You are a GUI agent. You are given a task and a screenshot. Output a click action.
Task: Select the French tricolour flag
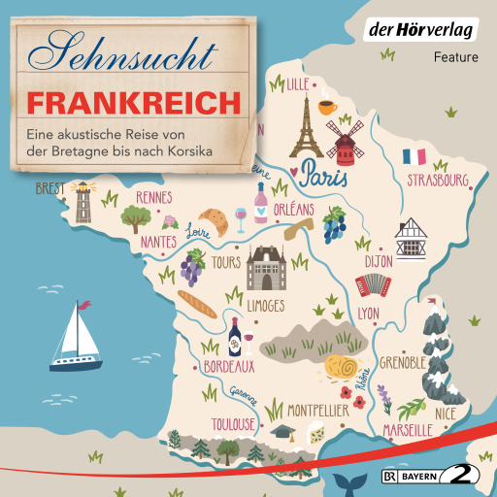(414, 156)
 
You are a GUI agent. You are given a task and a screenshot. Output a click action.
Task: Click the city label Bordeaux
(229, 367)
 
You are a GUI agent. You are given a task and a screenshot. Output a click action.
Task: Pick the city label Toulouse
(233, 424)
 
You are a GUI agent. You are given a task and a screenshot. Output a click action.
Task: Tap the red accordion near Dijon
(372, 283)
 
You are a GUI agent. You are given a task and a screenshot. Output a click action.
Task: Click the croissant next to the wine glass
(215, 220)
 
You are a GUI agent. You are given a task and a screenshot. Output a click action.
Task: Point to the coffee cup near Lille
(325, 104)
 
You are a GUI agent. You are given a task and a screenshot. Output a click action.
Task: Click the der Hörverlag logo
(433, 30)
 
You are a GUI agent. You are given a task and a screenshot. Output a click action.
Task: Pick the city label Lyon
(368, 314)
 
